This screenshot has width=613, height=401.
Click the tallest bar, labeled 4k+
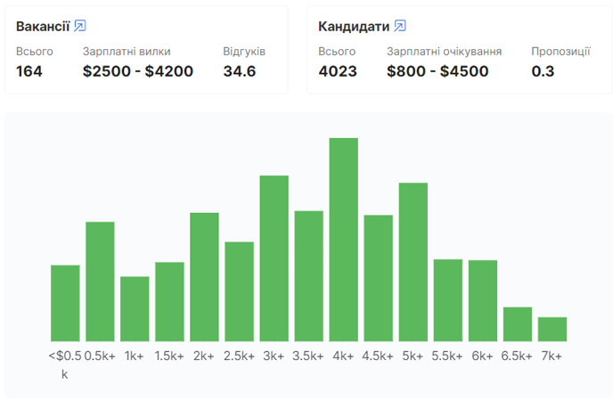pyautogui.click(x=343, y=240)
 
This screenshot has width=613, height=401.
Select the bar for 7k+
pyautogui.click(x=552, y=329)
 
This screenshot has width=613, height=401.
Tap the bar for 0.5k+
pyautogui.click(x=100, y=282)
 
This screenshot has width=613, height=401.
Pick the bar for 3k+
pyautogui.click(x=274, y=258)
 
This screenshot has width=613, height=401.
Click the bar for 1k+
pyautogui.click(x=135, y=308)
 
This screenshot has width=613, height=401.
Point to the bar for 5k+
pyautogui.click(x=413, y=262)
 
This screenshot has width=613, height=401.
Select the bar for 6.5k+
pyautogui.click(x=518, y=324)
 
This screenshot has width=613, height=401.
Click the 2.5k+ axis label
pyautogui.click(x=239, y=356)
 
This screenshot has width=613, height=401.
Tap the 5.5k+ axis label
pyautogui.click(x=448, y=356)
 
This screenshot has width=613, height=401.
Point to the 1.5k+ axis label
pyautogui.click(x=169, y=356)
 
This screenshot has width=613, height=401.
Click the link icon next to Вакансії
pyautogui.click(x=80, y=26)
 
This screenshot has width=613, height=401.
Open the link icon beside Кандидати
pyautogui.click(x=400, y=26)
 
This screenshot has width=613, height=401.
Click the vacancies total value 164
pyautogui.click(x=29, y=71)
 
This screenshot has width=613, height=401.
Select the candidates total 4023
pyautogui.click(x=338, y=71)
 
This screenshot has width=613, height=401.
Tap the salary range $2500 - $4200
pyautogui.click(x=138, y=71)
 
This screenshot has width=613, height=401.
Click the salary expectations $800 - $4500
pyautogui.click(x=437, y=71)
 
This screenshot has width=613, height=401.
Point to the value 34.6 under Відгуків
pyautogui.click(x=240, y=71)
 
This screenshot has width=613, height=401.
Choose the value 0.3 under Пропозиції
pyautogui.click(x=543, y=71)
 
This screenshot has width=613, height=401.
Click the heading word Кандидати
pyautogui.click(x=353, y=26)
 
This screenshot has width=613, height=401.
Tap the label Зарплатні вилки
pyautogui.click(x=127, y=51)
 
